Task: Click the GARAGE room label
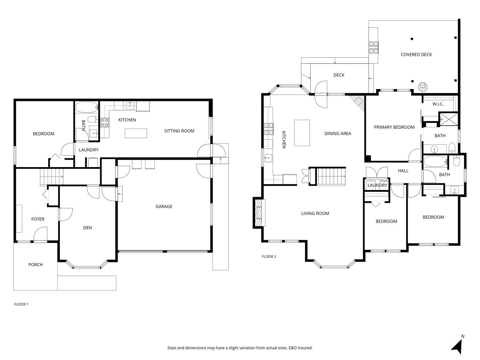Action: pos(164,206)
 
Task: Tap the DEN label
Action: pos(87,228)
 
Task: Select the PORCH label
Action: pos(36,265)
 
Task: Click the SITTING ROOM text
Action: pos(179,131)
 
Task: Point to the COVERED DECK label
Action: pos(416,54)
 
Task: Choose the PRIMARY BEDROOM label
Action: pos(394,127)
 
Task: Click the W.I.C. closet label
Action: pos(438,104)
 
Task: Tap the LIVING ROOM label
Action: pos(315,213)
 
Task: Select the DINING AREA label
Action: pos(338,133)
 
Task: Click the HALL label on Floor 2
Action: pos(403,171)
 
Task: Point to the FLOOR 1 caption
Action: pos(21,304)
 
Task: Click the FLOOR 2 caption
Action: pos(269,256)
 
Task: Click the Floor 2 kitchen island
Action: pos(302,133)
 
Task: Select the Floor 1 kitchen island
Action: pos(136,133)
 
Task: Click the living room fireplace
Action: pos(259,213)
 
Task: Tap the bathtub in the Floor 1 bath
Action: pos(87,107)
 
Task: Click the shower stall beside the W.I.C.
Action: pos(449,119)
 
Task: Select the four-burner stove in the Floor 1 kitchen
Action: pos(105,123)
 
